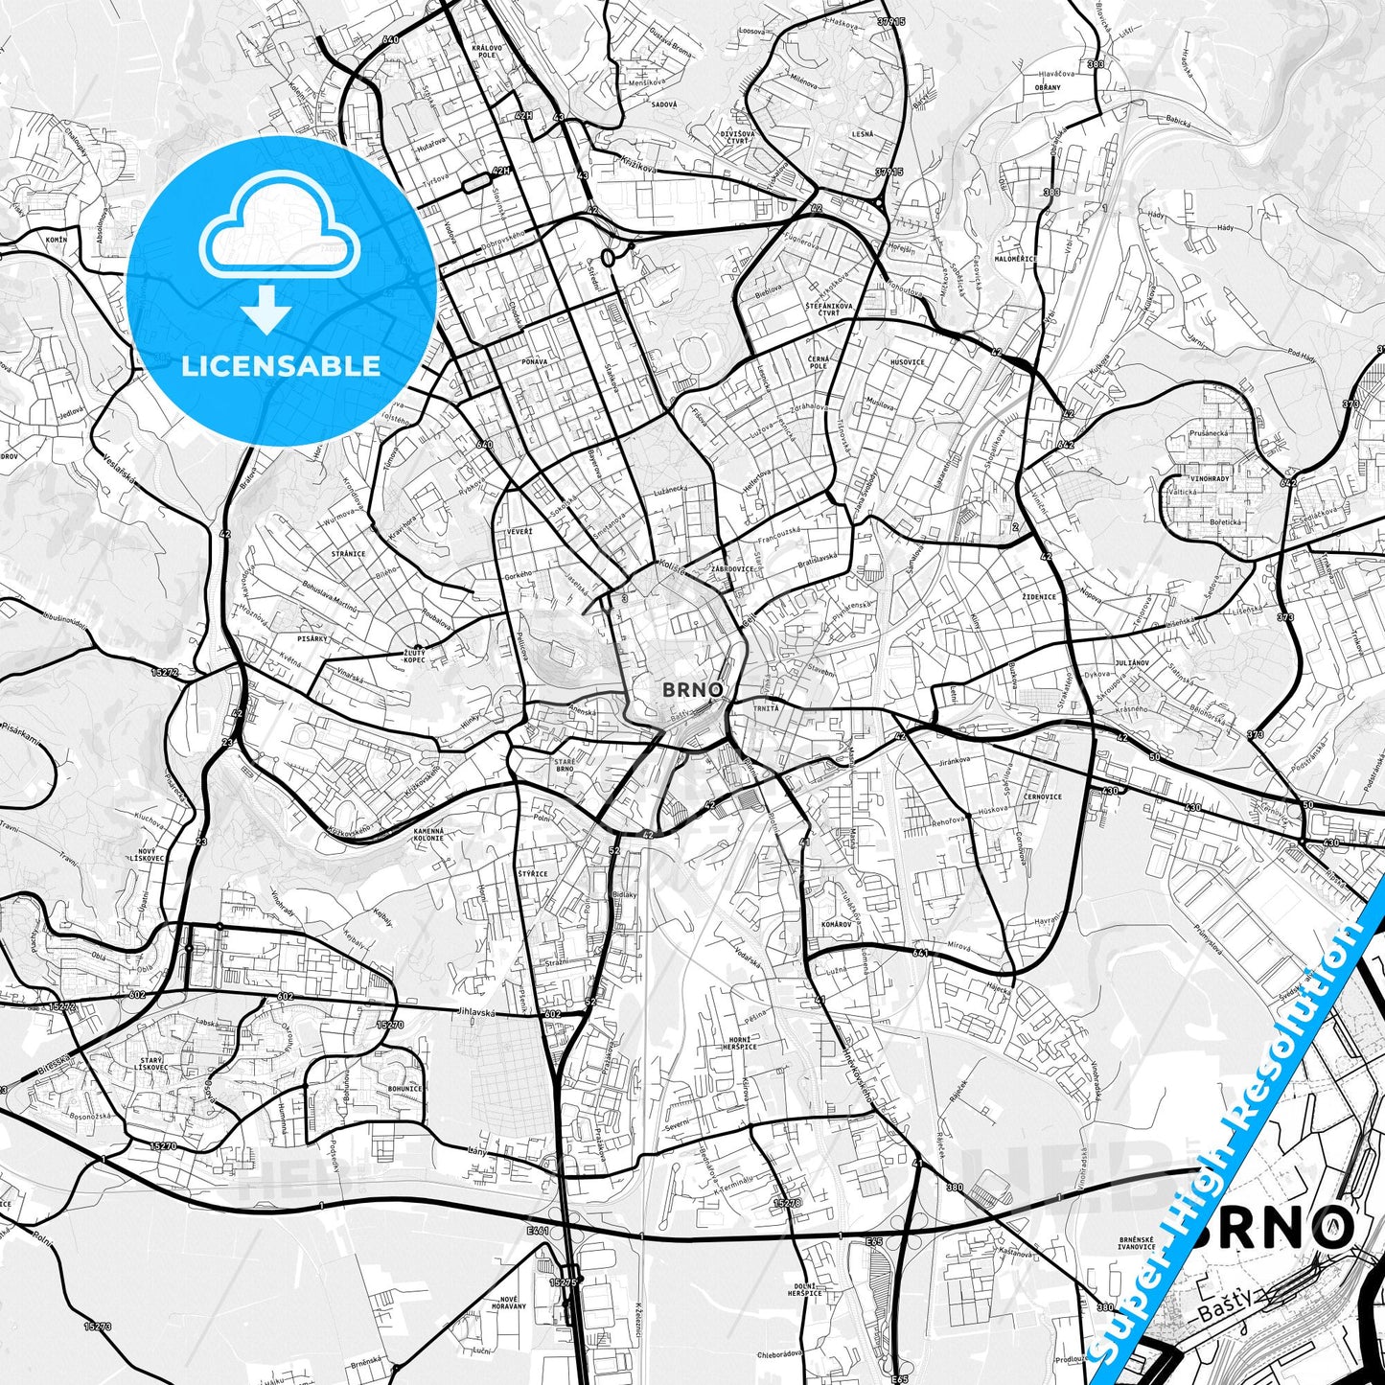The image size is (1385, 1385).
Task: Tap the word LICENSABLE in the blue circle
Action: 281,366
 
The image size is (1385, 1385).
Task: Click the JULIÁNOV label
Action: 1157,662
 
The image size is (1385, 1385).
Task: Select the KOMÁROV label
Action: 837,923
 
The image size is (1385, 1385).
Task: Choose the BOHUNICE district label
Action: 404,1089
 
